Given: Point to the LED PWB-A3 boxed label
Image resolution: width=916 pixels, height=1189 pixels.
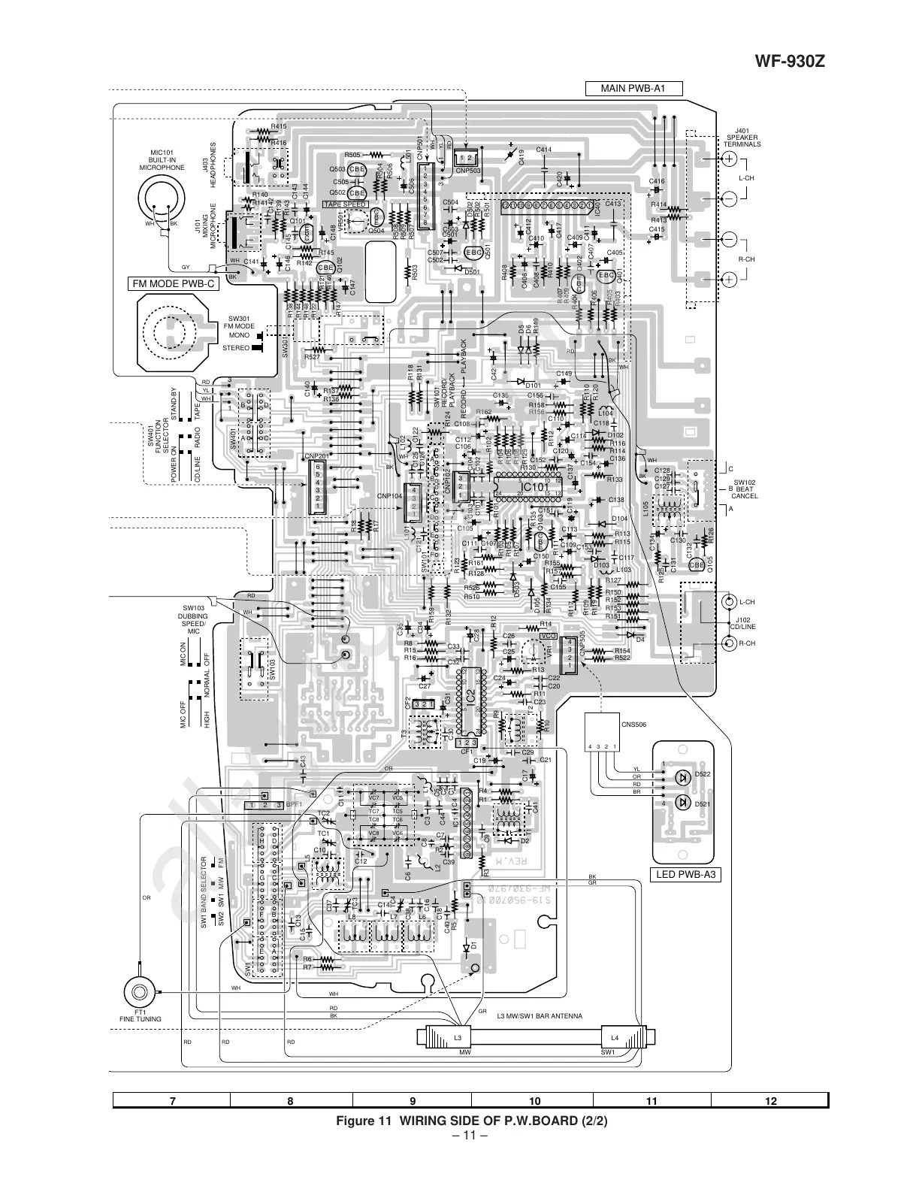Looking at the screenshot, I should coord(685,874).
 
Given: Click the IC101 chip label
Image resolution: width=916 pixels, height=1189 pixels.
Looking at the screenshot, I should coord(537,486).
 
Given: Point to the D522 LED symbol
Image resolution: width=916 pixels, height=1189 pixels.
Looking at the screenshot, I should coord(683,776).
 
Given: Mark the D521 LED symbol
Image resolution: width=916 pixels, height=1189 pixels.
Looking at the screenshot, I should coord(683,803).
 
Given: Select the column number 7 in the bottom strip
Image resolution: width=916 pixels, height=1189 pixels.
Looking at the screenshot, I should coord(173,1101).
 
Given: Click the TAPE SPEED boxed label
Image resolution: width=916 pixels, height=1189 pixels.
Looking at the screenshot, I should coord(345,204).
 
